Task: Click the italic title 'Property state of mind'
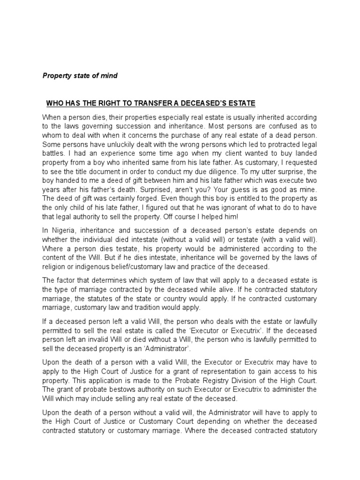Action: click(80, 75)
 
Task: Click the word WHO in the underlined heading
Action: click(54, 103)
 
